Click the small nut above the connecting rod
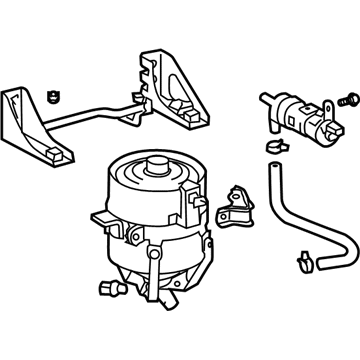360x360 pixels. coord(49,96)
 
